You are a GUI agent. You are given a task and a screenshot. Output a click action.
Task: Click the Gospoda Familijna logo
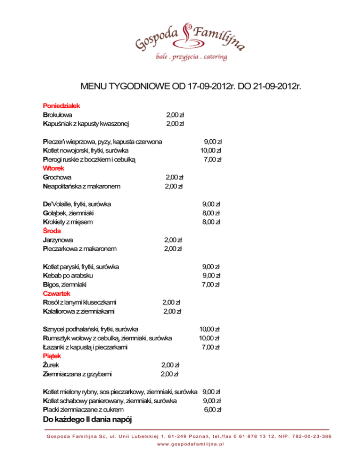point(190,38)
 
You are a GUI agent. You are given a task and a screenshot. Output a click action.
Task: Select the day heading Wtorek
point(53,168)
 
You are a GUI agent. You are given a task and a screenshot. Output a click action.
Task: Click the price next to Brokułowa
point(175,115)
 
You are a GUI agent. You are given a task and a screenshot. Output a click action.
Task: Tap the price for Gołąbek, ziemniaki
point(211,213)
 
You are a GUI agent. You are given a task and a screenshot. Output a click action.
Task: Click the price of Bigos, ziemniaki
point(211,284)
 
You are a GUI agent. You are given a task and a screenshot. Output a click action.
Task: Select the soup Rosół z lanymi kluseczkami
point(80,302)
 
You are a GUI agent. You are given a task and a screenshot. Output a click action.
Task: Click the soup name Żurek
point(51,365)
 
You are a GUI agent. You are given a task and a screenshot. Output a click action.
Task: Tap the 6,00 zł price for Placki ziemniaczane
point(212,409)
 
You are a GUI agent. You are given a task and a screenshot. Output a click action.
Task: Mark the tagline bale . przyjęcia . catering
point(191,57)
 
